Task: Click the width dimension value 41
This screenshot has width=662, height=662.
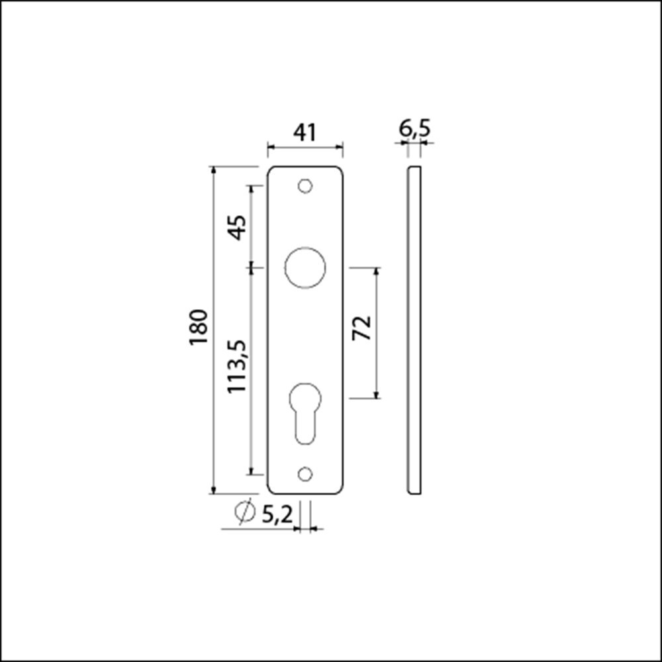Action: tap(305, 133)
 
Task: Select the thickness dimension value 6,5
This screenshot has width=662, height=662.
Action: tap(414, 128)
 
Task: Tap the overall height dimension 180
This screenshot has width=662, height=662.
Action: tap(199, 326)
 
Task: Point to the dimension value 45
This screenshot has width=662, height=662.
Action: tap(237, 227)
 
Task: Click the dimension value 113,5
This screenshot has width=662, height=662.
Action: tap(237, 366)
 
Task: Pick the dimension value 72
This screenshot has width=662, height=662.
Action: tap(361, 328)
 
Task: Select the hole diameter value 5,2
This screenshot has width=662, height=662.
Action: tap(277, 514)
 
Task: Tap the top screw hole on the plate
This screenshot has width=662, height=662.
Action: tap(305, 187)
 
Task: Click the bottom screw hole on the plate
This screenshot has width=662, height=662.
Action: tap(305, 474)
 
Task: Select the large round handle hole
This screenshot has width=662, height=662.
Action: tap(305, 268)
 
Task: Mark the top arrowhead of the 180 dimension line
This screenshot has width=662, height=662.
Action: tap(213, 170)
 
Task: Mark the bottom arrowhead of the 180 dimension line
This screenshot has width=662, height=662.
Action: tap(213, 490)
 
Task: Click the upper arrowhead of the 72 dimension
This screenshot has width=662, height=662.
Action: tap(377, 272)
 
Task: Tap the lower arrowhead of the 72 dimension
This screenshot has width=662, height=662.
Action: tap(377, 395)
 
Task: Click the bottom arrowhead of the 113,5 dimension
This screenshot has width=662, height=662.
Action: tap(251, 470)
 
